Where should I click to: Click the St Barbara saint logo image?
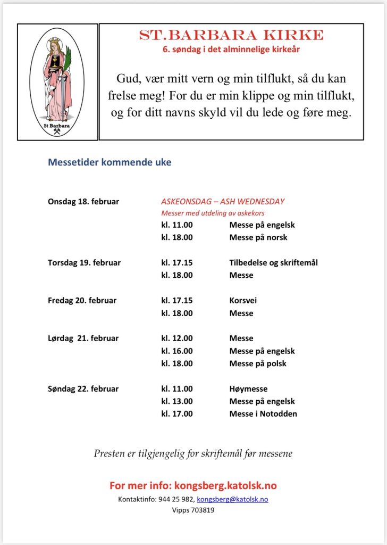pos(57,82)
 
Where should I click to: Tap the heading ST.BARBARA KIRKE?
pos(231,35)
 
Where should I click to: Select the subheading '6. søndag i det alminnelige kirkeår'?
pos(231,50)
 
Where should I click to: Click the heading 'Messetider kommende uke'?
pos(110,162)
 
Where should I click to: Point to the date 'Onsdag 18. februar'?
pos(83,202)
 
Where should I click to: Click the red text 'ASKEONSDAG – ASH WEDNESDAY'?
pos(223,202)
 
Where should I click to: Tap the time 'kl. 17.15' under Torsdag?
pos(177,262)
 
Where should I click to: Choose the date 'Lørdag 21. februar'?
pos(83,338)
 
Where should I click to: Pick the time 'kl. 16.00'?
pos(177,351)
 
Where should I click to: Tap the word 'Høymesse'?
pos(248,389)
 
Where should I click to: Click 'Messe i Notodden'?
pos(263,414)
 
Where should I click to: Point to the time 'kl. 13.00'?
pos(177,401)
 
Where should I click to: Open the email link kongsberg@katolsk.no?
pos(232,499)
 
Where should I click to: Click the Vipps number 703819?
pos(203,510)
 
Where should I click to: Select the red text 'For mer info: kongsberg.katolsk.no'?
pos(193,485)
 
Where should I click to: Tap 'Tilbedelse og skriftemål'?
pos(274,262)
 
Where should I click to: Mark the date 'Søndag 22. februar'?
pos(83,389)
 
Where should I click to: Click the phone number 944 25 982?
pos(176,499)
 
